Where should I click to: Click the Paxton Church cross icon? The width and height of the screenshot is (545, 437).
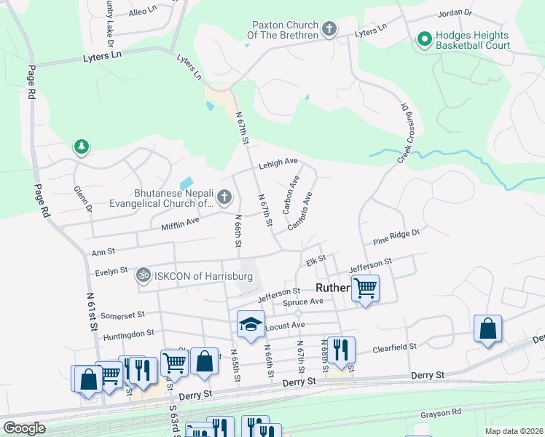point(329,30)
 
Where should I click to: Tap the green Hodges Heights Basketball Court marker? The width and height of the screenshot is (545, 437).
point(423,39)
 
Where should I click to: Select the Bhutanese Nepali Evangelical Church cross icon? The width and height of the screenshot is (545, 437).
point(224,197)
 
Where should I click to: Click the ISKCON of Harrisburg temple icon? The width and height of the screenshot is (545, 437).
point(144,275)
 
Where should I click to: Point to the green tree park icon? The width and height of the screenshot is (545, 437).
point(81,147)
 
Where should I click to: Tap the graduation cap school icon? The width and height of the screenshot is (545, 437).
point(250,323)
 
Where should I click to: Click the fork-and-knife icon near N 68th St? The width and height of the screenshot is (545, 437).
point(340,349)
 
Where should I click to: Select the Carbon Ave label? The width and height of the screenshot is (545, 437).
point(291,194)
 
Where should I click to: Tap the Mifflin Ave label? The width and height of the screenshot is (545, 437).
point(180,224)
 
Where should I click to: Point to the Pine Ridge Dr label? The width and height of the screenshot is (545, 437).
point(396,236)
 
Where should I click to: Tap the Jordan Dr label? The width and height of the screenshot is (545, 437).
point(455,14)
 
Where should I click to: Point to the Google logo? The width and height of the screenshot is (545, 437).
point(24,428)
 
